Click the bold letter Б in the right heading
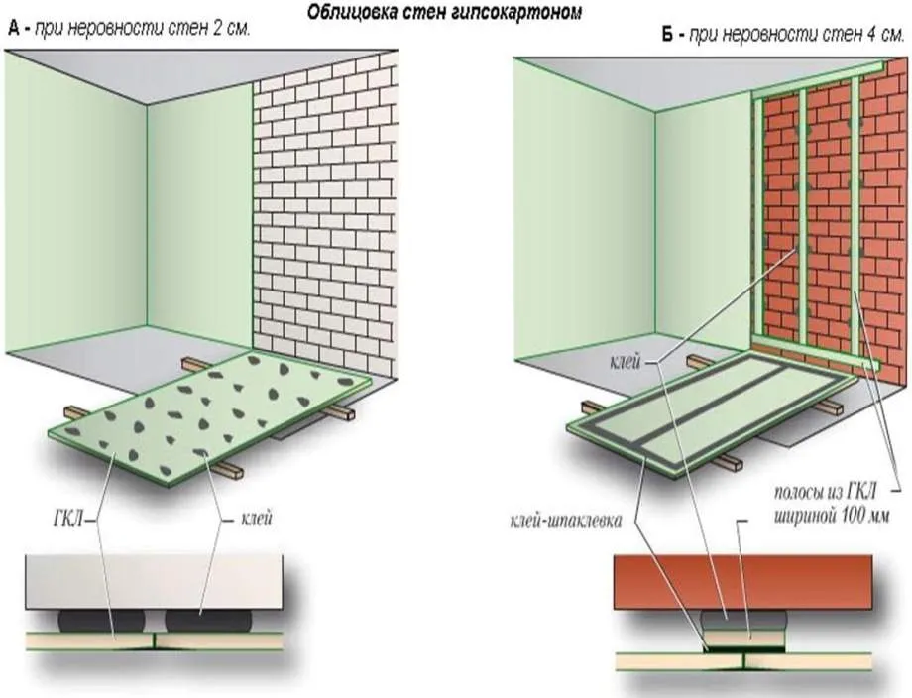(x=667, y=35)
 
